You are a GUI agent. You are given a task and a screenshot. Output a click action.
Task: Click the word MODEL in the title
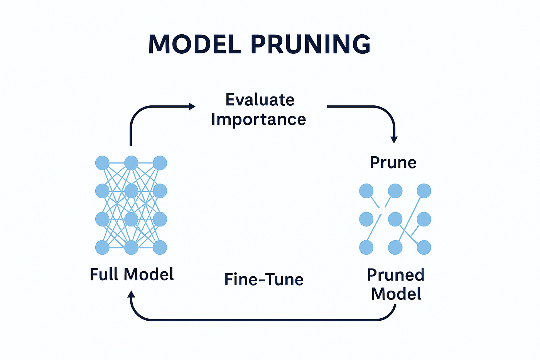[x=195, y=44]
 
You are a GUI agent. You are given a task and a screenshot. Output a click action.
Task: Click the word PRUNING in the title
[x=311, y=44]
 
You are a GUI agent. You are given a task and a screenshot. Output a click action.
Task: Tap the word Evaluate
[x=260, y=100]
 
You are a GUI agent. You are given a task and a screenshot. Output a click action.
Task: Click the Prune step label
[x=393, y=163]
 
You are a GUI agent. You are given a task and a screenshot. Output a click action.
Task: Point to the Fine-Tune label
[x=264, y=279]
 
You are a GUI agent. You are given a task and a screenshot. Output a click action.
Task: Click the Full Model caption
[x=132, y=274]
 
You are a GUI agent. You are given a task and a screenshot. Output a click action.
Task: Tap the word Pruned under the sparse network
[x=396, y=275]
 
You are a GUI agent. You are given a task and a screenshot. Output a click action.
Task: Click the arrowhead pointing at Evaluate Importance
[x=192, y=106]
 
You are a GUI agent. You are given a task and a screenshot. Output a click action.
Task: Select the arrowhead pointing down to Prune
[x=394, y=140]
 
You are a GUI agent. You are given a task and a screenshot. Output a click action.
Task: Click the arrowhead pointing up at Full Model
[x=131, y=294]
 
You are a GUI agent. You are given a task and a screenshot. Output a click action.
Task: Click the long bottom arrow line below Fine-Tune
[x=263, y=320]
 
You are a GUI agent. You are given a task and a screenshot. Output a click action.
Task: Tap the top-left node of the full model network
[x=102, y=163]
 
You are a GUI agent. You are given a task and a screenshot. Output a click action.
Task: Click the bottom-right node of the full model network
[x=160, y=247]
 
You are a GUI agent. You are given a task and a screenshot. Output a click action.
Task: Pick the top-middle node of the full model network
[x=131, y=163]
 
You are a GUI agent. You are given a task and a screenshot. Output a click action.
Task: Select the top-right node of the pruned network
[x=424, y=191]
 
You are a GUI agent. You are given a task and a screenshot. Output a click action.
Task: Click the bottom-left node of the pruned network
[x=366, y=247]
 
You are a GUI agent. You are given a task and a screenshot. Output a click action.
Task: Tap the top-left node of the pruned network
[x=366, y=191]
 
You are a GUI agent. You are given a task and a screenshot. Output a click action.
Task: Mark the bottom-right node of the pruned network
[x=424, y=247]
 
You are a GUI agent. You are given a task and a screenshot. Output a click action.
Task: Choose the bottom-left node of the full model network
[x=102, y=247]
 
